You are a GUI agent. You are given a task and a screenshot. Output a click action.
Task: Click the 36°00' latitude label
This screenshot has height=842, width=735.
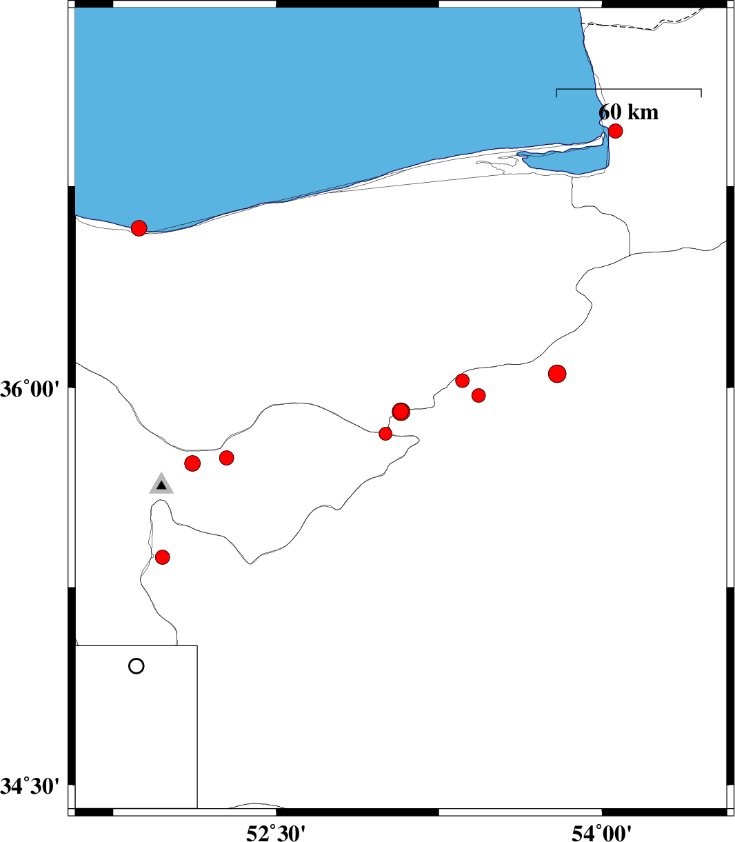[x=30, y=390]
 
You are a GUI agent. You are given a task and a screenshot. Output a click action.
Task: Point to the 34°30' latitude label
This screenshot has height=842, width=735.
[x=30, y=786]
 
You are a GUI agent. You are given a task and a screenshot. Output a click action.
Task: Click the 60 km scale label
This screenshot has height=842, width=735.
[x=628, y=112]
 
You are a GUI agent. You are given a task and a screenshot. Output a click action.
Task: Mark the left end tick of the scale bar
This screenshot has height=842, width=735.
[x=556, y=93]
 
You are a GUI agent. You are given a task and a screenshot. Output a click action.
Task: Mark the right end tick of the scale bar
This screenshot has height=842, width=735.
[x=701, y=93]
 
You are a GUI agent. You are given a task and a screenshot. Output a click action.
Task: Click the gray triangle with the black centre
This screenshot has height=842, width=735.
[x=161, y=484]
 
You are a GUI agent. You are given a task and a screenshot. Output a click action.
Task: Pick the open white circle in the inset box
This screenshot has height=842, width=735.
[x=136, y=666]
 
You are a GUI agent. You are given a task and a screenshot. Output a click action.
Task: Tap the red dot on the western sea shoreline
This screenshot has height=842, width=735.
[x=139, y=228]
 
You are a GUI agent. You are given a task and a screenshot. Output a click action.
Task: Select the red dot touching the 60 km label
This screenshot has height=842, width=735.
[x=615, y=131]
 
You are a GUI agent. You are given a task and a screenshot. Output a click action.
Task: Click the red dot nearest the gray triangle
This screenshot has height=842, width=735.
[x=192, y=464]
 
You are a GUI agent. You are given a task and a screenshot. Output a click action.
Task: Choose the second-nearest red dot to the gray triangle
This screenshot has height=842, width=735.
[x=227, y=458]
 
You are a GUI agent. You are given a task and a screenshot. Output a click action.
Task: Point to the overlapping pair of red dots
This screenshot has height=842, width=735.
[x=401, y=412]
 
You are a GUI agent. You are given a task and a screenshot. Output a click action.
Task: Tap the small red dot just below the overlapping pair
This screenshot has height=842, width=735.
[x=385, y=434]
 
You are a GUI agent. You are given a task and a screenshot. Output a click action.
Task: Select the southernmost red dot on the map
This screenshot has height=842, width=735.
[x=163, y=557]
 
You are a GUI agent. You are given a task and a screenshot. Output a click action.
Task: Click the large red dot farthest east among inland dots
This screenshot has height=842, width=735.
[x=557, y=374]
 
